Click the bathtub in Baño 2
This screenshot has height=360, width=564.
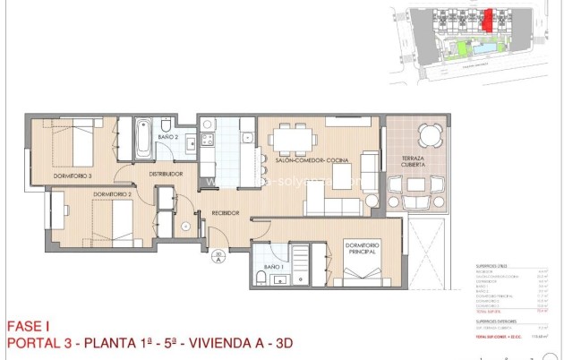point(142,139)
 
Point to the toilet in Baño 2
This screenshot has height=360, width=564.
point(167,124)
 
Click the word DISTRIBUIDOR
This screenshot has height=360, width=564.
point(166,174)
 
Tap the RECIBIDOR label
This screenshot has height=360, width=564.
point(225,213)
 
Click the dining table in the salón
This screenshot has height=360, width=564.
point(293,137)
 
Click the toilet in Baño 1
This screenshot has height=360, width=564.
point(261,278)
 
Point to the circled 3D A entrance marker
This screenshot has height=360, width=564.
point(218,261)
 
